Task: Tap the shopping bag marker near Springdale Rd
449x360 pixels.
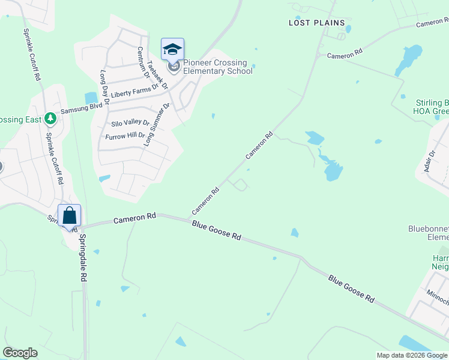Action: pyautogui.click(x=69, y=215)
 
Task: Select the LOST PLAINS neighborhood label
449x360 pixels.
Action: pyautogui.click(x=317, y=23)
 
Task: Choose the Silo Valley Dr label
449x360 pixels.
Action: pyautogui.click(x=130, y=123)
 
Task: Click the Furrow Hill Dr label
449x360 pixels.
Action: pyautogui.click(x=125, y=136)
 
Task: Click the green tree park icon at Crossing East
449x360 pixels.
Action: pyautogui.click(x=51, y=118)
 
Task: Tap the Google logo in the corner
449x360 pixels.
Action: pyautogui.click(x=20, y=353)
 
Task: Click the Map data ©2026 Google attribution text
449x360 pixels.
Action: pyautogui.click(x=412, y=355)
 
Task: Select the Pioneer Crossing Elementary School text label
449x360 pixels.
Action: pyautogui.click(x=217, y=67)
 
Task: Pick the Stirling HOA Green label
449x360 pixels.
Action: pyautogui.click(x=432, y=107)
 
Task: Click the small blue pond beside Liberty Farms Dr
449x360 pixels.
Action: pyautogui.click(x=91, y=97)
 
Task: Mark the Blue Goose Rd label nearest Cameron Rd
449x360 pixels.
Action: pyautogui.click(x=217, y=230)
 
